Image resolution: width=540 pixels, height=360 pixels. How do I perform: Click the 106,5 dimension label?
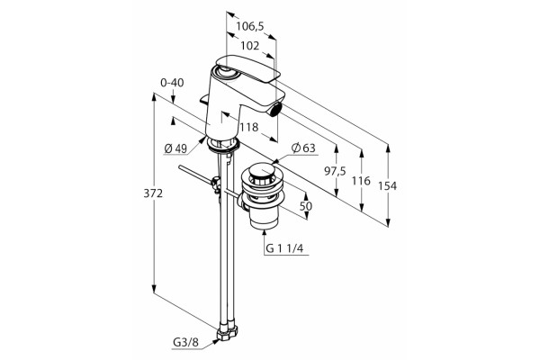[x=249, y=26]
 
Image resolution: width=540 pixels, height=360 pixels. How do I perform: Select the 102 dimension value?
[x=249, y=45]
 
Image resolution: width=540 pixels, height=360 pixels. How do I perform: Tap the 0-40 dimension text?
[x=172, y=83]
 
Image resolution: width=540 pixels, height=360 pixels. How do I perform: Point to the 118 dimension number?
[x=249, y=127]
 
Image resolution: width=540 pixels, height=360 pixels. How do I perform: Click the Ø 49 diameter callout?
[x=175, y=148]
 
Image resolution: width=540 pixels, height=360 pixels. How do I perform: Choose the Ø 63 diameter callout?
[x=303, y=148]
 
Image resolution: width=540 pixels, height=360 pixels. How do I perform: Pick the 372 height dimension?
[x=153, y=193]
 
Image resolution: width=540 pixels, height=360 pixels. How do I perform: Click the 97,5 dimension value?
[x=335, y=171]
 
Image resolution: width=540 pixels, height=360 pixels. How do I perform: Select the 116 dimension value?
[x=361, y=180]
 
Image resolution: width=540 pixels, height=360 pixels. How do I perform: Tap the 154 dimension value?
[x=387, y=186]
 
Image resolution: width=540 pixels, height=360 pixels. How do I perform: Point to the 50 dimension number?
[x=306, y=206]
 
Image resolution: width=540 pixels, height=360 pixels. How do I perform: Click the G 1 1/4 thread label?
[x=284, y=248]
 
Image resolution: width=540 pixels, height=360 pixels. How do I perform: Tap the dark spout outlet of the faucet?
[x=274, y=110]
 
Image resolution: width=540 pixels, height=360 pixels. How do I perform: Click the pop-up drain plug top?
[x=263, y=173]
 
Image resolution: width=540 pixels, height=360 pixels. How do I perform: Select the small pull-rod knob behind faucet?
[x=204, y=100]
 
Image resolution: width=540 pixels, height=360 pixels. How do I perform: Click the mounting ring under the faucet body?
[x=223, y=144]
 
